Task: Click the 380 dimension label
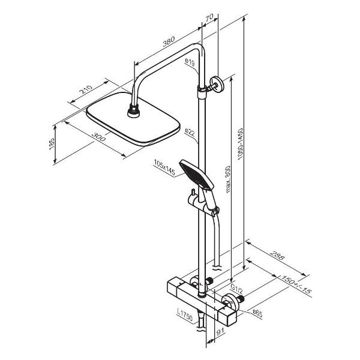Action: coord(169,41)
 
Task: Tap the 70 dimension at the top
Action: coord(209,17)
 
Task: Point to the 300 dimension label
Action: coord(99,137)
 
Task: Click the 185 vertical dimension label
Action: coord(52,144)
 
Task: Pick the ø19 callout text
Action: coord(190,62)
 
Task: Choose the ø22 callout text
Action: coord(190,133)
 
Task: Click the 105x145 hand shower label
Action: coord(164,167)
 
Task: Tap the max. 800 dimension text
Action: coord(228,179)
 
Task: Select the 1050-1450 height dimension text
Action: coord(240,144)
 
